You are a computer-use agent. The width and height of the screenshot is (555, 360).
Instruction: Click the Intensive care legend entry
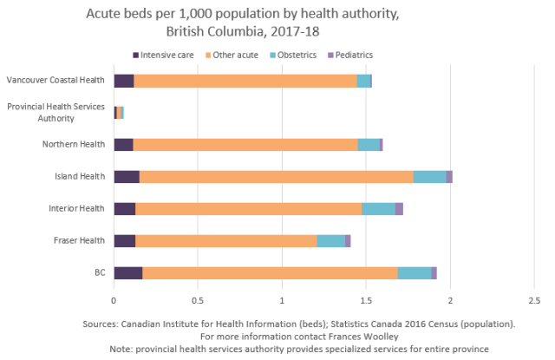[166, 55]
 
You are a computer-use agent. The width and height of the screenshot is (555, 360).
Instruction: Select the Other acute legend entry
[237, 55]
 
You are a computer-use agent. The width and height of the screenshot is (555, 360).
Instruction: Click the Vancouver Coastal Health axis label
[55, 81]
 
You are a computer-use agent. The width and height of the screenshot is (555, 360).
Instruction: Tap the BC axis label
[100, 272]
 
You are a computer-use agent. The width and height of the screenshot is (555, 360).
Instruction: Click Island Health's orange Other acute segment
[276, 177]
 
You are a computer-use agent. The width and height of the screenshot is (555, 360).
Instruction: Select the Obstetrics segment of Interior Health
[378, 208]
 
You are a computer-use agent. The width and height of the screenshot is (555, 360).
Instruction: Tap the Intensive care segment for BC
[127, 272]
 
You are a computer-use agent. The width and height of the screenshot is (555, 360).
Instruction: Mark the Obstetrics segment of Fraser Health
[330, 240]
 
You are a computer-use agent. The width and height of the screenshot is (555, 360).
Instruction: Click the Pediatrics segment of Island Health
[449, 177]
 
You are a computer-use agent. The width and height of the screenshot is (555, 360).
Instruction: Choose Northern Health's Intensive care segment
[123, 145]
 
